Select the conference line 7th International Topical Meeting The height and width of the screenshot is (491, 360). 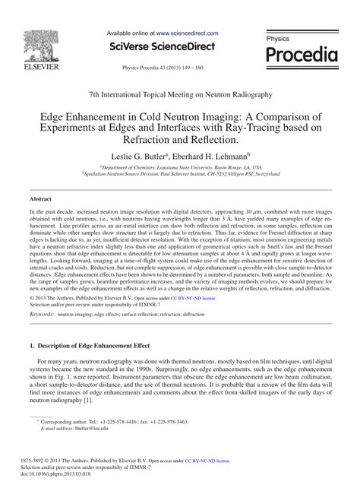click(179, 93)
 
